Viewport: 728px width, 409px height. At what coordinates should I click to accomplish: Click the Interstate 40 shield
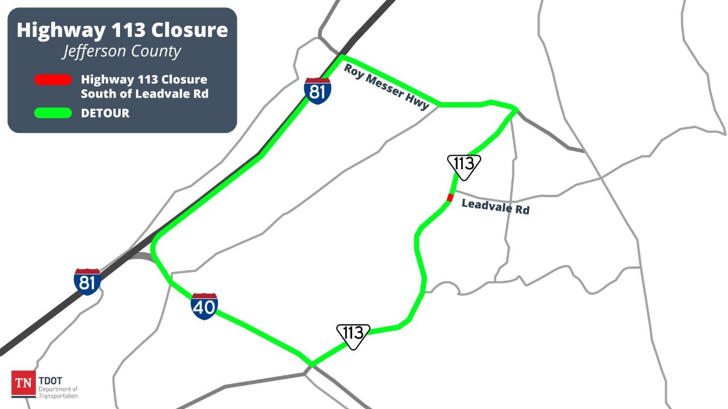[204, 307]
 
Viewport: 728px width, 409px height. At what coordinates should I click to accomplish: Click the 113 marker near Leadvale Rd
[464, 166]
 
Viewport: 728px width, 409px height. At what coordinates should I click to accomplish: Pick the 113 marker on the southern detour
[353, 335]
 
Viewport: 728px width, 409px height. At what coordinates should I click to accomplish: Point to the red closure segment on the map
[450, 197]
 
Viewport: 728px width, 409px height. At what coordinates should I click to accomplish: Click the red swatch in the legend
[53, 80]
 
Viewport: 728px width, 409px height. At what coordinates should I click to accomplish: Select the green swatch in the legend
[53, 113]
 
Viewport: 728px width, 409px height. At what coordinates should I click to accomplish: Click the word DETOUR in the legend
[105, 113]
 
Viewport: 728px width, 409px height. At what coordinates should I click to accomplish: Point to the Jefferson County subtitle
[122, 52]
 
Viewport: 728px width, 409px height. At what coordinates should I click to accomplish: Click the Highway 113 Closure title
[122, 30]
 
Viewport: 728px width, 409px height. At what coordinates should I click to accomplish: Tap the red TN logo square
[23, 383]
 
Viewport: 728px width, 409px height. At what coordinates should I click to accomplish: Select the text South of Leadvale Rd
[144, 94]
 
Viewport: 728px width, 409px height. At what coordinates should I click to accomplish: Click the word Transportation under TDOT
[58, 395]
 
